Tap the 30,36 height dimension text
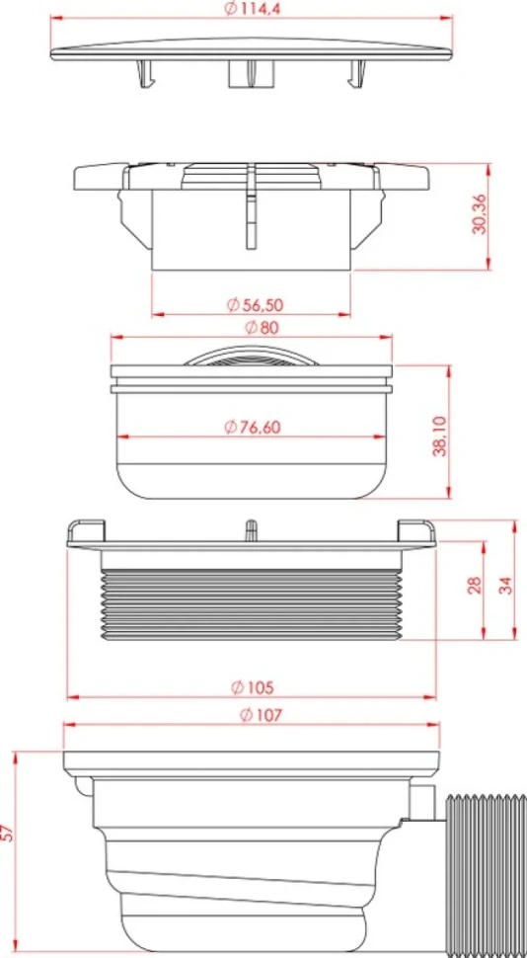pos(480,215)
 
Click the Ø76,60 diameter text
pos(253,427)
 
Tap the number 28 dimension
pos(475,584)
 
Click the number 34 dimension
pos(503,584)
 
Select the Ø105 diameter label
pos(253,686)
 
